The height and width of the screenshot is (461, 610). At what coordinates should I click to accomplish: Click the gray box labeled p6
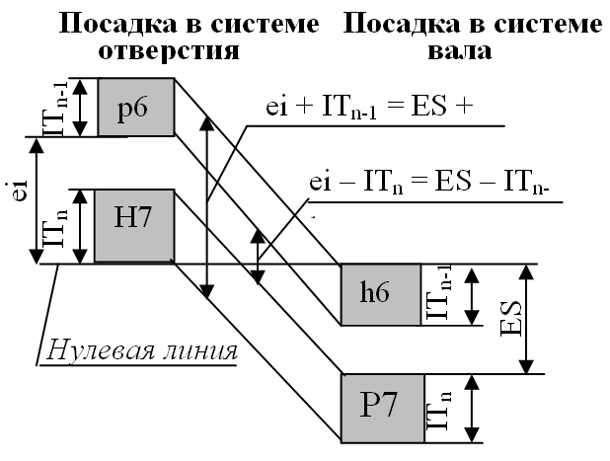(135, 107)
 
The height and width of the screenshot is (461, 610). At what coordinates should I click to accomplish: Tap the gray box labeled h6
(379, 294)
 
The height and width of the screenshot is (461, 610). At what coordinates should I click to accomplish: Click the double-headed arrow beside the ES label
(530, 319)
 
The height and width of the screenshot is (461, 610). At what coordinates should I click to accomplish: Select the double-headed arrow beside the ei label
(38, 200)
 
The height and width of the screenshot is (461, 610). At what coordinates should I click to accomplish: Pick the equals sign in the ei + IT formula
(405, 110)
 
